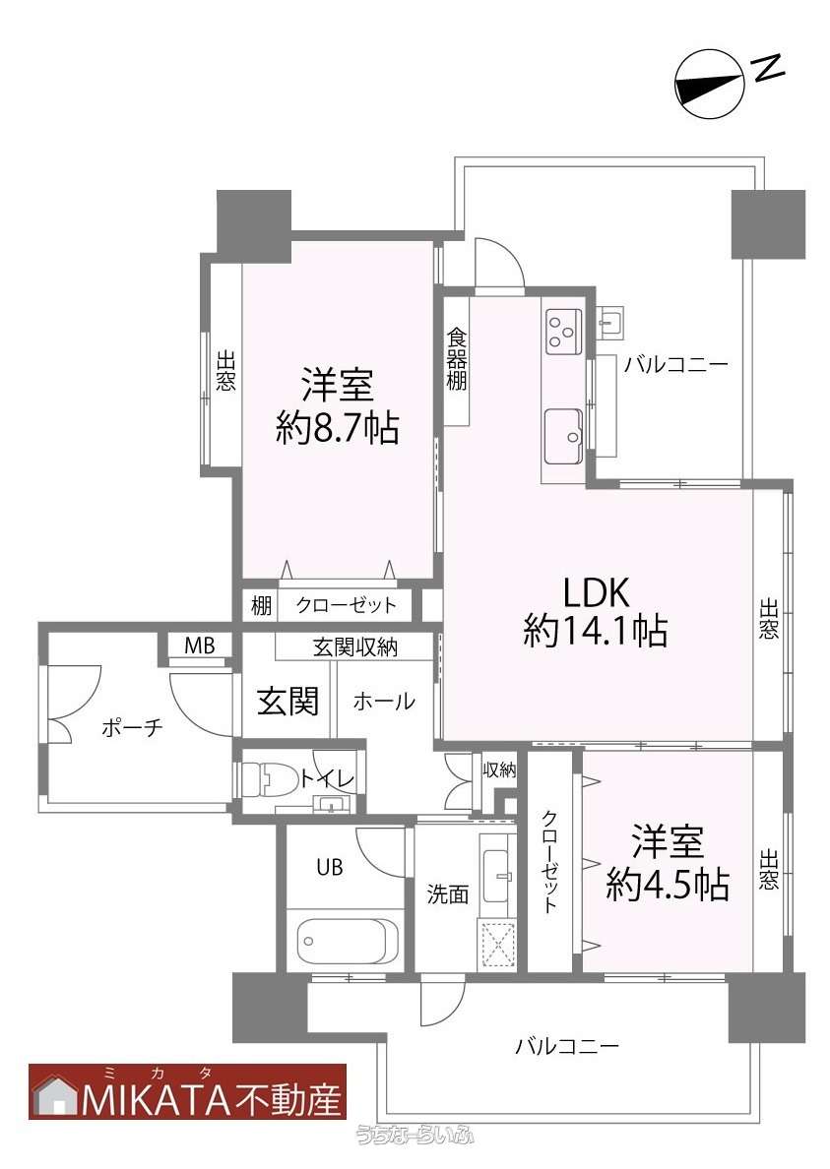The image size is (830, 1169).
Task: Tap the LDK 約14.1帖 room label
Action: coord(595,611)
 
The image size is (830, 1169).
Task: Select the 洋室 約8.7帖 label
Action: coord(338,407)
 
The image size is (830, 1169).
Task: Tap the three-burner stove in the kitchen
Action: coord(563,331)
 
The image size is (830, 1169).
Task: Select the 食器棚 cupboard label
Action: coord(457,359)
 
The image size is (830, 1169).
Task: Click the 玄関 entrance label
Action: coord(287,701)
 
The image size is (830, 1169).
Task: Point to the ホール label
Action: coord(383,701)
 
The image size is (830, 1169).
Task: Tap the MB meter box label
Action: coord(199,646)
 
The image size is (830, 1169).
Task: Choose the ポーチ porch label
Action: coord(132,727)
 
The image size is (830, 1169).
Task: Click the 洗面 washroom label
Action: coord(447,893)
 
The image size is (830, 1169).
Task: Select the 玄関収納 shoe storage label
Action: coord(355,647)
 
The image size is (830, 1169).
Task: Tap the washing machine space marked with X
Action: coord(496,945)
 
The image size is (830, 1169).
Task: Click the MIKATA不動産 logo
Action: coord(188,1091)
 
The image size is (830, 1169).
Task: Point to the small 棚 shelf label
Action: coord(260,604)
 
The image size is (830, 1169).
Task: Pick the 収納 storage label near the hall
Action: coord(499,769)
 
